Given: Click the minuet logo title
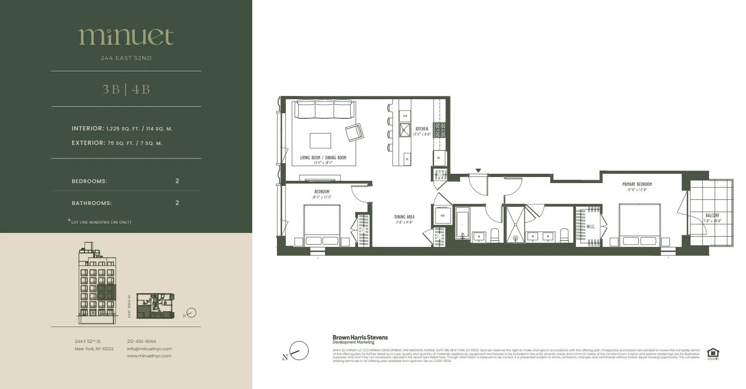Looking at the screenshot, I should coord(126,37).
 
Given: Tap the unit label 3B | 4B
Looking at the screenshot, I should coord(126,89).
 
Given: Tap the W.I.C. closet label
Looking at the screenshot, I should coord(591,226).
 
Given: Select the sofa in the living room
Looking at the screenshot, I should coord(324,110).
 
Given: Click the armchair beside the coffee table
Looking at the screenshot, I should coord(354,133).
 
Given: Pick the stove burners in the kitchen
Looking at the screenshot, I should coord(439,130).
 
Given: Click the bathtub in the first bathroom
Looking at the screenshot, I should coord(462,226).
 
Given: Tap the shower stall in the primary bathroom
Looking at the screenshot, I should coord(516,224).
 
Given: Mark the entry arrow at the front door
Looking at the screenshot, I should coord(478,171).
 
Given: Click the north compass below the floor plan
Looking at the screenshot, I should coord(298,351).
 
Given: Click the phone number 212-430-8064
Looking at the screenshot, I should coord(141,341).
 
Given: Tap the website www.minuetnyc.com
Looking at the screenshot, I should coord(149,356).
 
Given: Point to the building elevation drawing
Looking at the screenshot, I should coord(97,283).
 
